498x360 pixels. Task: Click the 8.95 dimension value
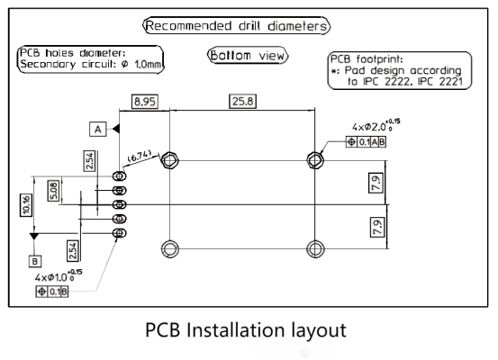(145, 102)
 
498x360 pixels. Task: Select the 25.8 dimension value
(242, 102)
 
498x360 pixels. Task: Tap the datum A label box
(98, 130)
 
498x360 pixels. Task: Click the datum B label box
(35, 261)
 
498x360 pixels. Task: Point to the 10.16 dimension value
(26, 205)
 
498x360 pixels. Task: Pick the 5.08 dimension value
(54, 191)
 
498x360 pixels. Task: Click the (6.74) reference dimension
(140, 157)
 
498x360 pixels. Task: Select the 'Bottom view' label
(248, 56)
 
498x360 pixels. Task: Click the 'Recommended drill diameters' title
(237, 26)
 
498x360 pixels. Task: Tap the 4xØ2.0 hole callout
(376, 126)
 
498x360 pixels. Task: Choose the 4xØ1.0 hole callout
(59, 276)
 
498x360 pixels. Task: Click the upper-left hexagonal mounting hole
(170, 159)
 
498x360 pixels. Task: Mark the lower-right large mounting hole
(315, 248)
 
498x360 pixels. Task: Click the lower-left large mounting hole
(170, 248)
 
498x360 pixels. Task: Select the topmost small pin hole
(120, 175)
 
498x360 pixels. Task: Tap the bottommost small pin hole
(120, 233)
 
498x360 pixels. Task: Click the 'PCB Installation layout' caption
(246, 330)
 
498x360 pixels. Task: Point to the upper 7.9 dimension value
(376, 183)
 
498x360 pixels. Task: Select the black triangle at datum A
(116, 129)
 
